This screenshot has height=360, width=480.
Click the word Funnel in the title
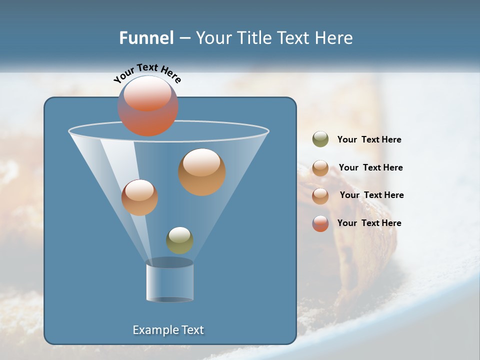click(146, 38)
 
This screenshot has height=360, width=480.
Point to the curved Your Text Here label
click(147, 72)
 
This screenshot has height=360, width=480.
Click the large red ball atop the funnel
click(148, 106)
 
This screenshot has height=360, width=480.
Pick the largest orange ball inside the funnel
click(202, 172)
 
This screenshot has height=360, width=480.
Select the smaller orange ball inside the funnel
click(139, 197)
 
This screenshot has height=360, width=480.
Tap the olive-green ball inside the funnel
click(179, 240)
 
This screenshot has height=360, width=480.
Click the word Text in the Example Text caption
click(192, 330)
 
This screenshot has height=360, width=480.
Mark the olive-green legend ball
click(320, 139)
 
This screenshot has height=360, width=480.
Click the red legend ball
click(320, 223)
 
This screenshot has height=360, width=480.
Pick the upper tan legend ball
click(320, 168)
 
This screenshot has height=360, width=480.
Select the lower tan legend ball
click(320, 196)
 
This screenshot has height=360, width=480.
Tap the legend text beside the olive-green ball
click(369, 140)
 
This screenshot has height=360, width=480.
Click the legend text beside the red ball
click(369, 223)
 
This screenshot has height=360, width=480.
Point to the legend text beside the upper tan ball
click(370, 168)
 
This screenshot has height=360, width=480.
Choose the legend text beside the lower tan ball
click(371, 195)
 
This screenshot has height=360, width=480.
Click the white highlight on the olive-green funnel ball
click(179, 234)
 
